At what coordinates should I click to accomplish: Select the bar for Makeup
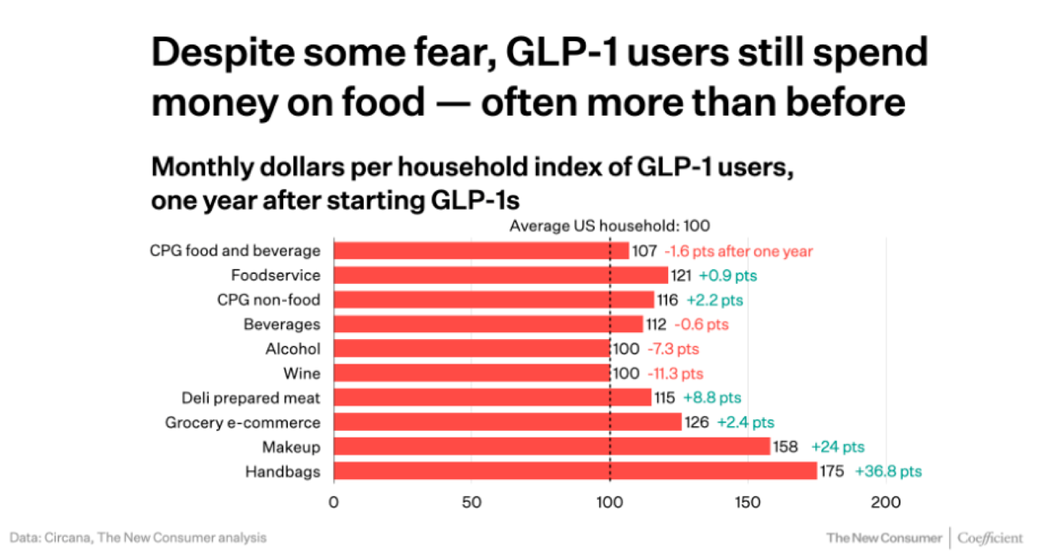pos(552,447)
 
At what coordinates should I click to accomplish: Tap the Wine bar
pos(472,373)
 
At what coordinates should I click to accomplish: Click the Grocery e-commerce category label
pos(243,423)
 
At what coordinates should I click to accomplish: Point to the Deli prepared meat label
pos(251,398)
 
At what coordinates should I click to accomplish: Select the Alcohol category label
pos(293,349)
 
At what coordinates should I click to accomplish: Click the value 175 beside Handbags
pos(831,471)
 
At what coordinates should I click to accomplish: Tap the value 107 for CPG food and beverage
pos(644,251)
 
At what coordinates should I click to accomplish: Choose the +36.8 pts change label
pos(888,471)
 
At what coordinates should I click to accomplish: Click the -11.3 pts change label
pos(676,374)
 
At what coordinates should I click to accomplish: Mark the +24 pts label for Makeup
pos(838,447)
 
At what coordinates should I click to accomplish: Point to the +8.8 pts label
pos(712,397)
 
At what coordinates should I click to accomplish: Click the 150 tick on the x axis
pos(747,503)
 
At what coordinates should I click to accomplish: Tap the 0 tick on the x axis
pos(334,503)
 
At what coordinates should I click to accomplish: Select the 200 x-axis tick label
pos(886,503)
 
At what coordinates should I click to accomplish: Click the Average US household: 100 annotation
pos(609,226)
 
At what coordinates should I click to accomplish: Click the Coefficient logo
pos(990,538)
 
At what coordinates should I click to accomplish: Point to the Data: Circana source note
pos(138,538)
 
